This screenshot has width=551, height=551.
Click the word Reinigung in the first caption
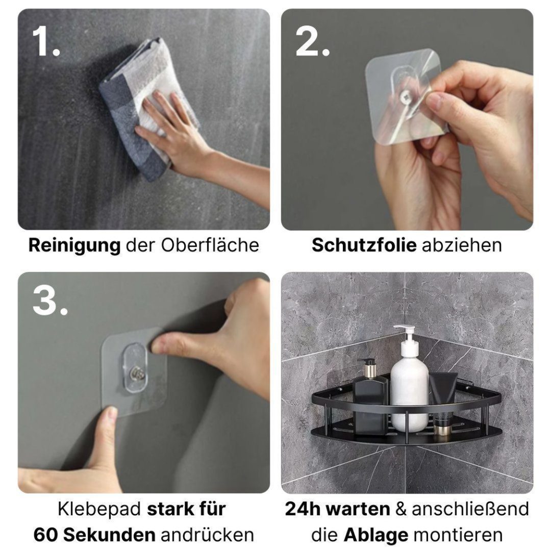pyautogui.click(x=74, y=245)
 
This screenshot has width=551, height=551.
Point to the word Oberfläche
pyautogui.click(x=210, y=245)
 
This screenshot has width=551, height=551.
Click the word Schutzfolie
pyautogui.click(x=364, y=245)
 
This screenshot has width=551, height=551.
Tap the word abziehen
pyautogui.click(x=461, y=245)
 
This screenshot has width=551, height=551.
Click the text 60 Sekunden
pyautogui.click(x=94, y=534)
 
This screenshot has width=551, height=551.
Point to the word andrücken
pyautogui.click(x=207, y=534)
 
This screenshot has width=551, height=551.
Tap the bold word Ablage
pyautogui.click(x=375, y=534)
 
